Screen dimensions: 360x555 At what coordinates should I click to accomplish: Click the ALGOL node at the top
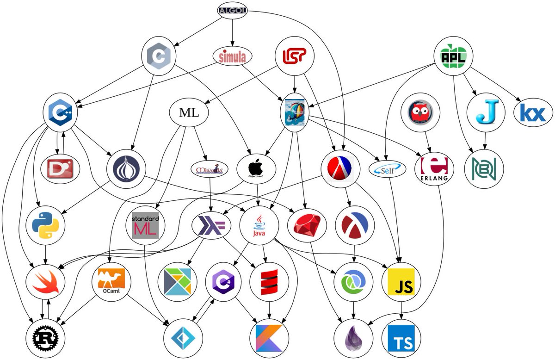tap(233, 11)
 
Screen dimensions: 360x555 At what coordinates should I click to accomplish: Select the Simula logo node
tap(233, 56)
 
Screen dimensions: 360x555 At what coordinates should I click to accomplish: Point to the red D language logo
tap(62, 168)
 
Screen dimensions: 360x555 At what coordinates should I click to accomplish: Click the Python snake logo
tap(45, 225)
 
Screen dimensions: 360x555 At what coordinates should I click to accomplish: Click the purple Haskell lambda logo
tap(211, 225)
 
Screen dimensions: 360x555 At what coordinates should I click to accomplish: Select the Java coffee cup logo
tap(259, 225)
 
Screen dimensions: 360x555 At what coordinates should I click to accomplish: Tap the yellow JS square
tap(401, 282)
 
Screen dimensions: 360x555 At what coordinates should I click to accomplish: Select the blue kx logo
tap(533, 113)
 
